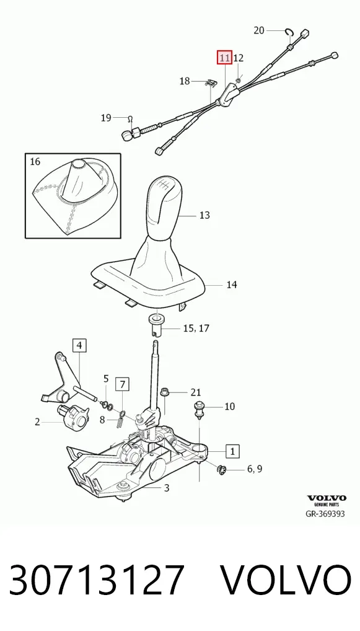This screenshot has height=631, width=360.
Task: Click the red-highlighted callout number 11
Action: pos(224,58)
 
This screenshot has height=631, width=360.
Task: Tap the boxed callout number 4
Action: pos(79,345)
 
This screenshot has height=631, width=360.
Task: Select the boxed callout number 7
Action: pos(123,385)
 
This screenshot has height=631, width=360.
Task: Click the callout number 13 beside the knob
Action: pos(204,215)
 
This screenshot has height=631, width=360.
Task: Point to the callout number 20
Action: pos(259,30)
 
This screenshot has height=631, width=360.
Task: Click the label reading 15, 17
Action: pos(196,329)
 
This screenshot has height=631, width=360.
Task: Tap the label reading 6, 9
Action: pos(255,469)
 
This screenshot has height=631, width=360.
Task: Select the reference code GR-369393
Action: pos(325,514)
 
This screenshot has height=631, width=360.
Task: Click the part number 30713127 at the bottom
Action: pos(97,580)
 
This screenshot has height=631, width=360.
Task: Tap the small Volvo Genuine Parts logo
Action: pos(327,500)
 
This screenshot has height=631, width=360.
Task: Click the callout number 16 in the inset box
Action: pos(35,162)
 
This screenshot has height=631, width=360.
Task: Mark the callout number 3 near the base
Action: pos(167,488)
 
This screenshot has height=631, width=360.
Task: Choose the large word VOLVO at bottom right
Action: pos(286,580)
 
